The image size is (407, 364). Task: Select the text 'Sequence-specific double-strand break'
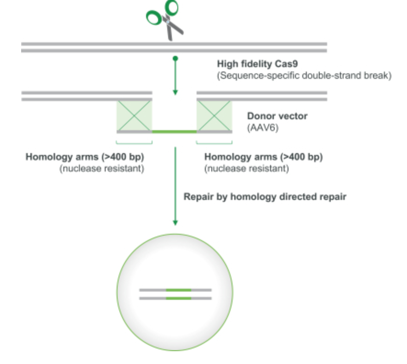click(x=304, y=75)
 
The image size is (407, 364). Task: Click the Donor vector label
click(x=277, y=116)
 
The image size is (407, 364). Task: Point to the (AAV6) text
click(x=263, y=128)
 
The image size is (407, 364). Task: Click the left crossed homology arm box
click(x=134, y=116)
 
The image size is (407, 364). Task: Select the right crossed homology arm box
click(x=214, y=116)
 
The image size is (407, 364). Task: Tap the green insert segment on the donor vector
click(x=174, y=132)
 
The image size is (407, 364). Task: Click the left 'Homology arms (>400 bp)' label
click(x=85, y=157)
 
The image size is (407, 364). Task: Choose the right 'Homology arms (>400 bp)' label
click(x=264, y=157)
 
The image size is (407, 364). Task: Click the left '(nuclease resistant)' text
click(x=102, y=168)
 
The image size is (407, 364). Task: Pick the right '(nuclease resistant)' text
click(x=247, y=168)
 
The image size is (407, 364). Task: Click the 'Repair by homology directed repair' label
click(x=265, y=197)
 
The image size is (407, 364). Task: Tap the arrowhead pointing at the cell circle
click(x=175, y=223)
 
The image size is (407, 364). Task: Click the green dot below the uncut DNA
click(x=175, y=59)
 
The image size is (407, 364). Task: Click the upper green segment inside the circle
click(x=179, y=290)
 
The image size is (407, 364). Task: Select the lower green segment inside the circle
click(x=179, y=298)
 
